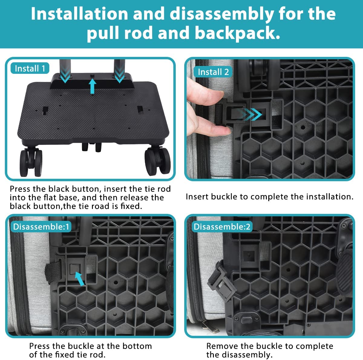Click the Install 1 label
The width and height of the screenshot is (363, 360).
pos(30,68)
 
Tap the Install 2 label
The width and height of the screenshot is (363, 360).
pos(213,72)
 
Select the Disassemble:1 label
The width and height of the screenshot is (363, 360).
pos(41,227)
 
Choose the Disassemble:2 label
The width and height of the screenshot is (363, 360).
pos(222,227)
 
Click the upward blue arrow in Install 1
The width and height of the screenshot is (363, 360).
pos(92,86)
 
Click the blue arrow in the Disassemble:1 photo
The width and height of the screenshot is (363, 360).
pos(80,279)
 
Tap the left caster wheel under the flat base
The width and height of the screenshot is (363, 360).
pos(31,162)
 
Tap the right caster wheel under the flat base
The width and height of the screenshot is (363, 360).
pos(158,161)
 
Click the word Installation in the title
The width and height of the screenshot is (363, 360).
pos(80,14)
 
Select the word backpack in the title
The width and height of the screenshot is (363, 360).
pos(237,33)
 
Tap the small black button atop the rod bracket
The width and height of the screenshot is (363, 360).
pos(92,76)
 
